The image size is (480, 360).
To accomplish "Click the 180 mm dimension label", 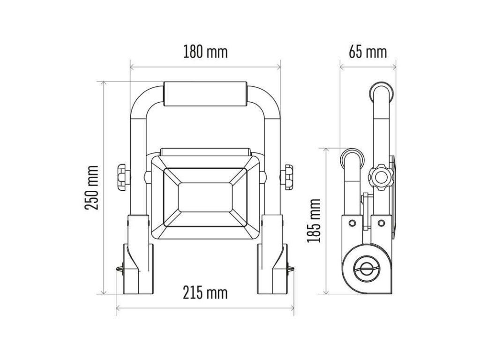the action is [205, 52].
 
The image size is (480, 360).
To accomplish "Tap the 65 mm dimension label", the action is [368, 52].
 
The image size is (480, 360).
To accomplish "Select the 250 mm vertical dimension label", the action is [91, 187].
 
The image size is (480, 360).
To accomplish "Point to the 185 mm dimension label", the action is [314, 221].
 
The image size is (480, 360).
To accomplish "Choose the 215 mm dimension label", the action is [205, 292].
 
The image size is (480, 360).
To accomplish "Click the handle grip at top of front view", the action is [205, 94].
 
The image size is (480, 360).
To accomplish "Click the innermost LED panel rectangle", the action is [205, 197].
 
